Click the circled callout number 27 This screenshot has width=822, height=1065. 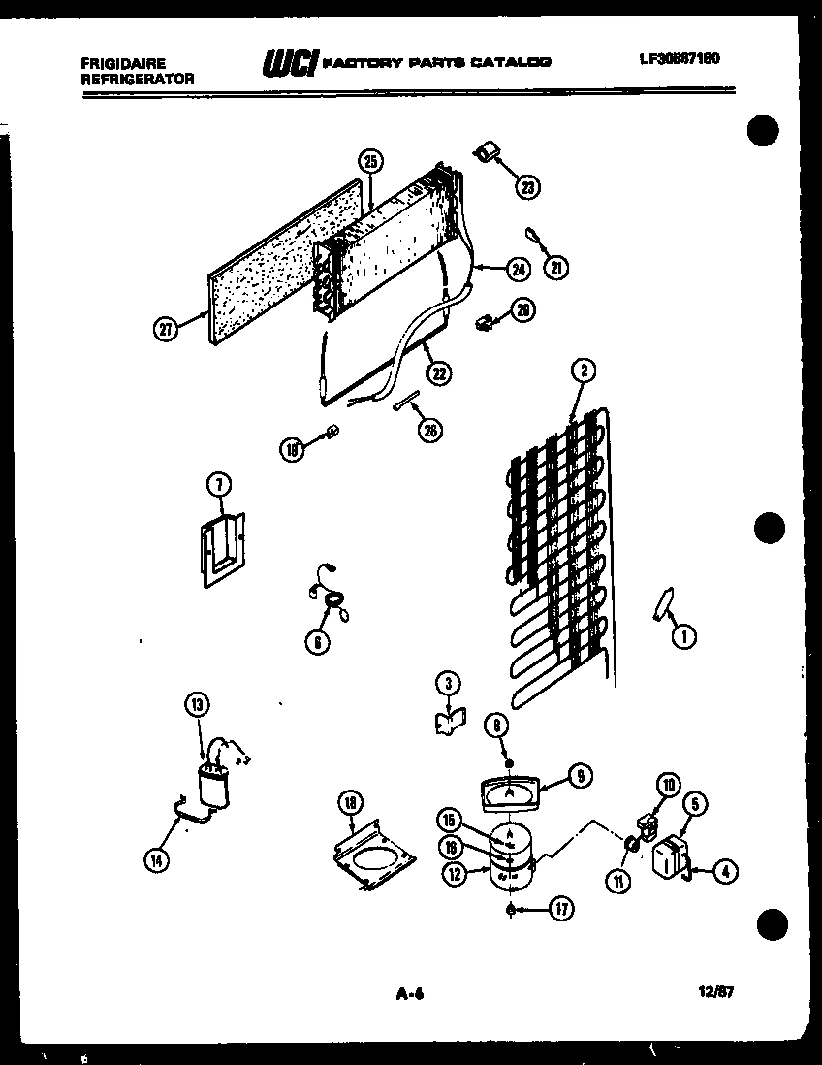pos(168,329)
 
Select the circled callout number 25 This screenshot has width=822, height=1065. pos(370,163)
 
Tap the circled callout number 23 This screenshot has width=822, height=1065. pos(527,188)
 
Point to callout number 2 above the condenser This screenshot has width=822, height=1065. pos(583,370)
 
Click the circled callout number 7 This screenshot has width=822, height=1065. pos(220,484)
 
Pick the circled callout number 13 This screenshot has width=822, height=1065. pos(197,705)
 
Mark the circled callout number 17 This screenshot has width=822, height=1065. pos(560,909)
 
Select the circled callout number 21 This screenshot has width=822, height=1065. pos(555,269)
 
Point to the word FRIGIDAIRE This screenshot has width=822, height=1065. pos(123,64)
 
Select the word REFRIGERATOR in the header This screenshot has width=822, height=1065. pos(138,80)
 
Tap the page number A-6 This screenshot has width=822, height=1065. pos(411,992)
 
